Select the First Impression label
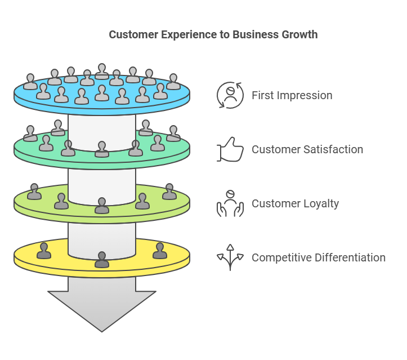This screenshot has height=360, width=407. [x=292, y=95]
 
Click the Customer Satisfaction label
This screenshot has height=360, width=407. [x=307, y=149]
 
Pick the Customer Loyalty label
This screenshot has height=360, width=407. [x=295, y=203]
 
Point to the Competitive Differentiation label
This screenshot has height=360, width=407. [x=318, y=257]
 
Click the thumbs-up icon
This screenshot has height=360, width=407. [x=230, y=150]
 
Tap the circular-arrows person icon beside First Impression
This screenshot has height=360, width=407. [x=230, y=95]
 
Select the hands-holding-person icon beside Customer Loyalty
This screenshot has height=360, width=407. [x=230, y=203]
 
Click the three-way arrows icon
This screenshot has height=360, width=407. [x=230, y=257]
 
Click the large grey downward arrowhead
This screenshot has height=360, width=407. [x=102, y=310]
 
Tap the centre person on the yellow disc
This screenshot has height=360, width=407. [x=102, y=260]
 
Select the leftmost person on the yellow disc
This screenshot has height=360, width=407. [x=44, y=251]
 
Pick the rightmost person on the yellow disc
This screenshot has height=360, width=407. [x=159, y=251]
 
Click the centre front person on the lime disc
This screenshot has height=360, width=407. [x=102, y=206]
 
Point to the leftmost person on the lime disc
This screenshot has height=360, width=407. [x=34, y=192]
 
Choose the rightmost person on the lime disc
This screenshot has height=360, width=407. [x=169, y=192]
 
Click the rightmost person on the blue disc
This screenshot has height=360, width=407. [x=173, y=82]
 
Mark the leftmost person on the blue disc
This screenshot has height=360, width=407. [x=30, y=82]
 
